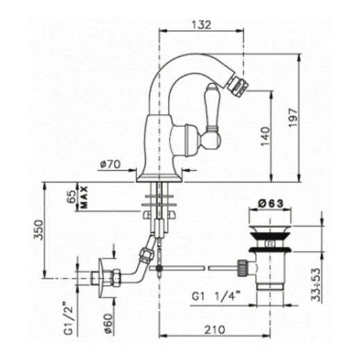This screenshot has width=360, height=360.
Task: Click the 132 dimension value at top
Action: click(202, 25)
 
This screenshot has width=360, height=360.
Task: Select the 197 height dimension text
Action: click(293, 117)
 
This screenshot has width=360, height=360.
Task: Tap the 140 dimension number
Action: click(265, 136)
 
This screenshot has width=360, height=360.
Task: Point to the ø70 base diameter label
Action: click(111, 165)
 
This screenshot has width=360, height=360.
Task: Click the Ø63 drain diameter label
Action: click(270, 204)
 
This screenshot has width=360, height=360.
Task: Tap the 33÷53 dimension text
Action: click(316, 285)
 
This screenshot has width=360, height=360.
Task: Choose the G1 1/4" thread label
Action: click(215, 297)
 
